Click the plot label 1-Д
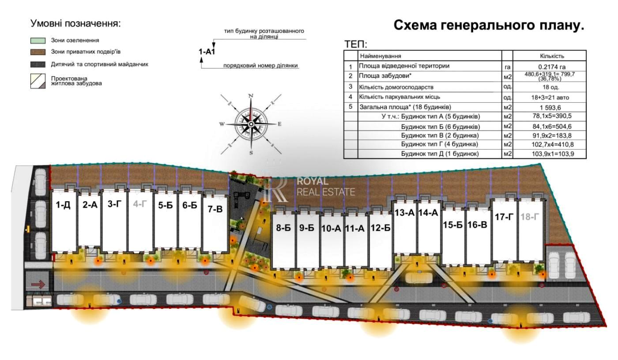click(x=63, y=205)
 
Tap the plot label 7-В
click(x=215, y=209)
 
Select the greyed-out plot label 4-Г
click(x=140, y=204)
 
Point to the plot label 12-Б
click(x=381, y=228)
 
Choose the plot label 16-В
click(x=477, y=225)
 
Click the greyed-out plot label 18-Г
click(x=529, y=217)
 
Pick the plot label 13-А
click(x=404, y=213)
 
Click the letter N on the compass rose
click(x=251, y=96)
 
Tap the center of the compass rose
click(x=251, y=124)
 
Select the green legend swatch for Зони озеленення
click(x=38, y=41)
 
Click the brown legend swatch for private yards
click(x=38, y=52)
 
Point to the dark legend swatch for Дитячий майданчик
click(x=38, y=64)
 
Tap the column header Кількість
click(x=552, y=56)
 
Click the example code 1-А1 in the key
click(x=207, y=52)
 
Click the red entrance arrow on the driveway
click(x=38, y=285)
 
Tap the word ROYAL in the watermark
click(x=313, y=181)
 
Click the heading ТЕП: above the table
click(x=356, y=45)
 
